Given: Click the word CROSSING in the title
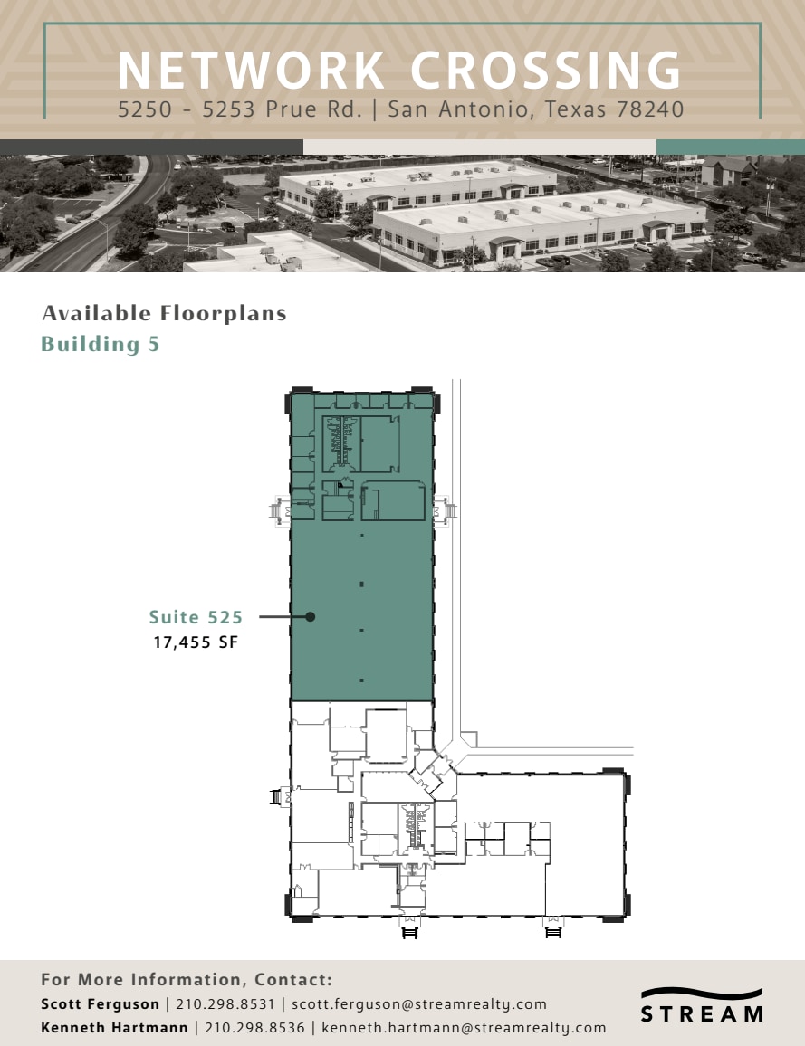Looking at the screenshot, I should click(x=545, y=71).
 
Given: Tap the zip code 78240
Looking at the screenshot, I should click(x=649, y=110).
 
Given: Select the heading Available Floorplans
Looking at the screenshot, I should click(x=164, y=314).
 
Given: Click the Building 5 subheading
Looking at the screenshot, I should click(x=101, y=344).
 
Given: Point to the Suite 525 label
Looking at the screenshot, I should click(x=196, y=617).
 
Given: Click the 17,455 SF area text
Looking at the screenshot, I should click(x=196, y=643).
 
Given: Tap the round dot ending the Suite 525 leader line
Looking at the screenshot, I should click(x=310, y=617).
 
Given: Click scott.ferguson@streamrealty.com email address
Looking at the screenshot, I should click(x=419, y=1004).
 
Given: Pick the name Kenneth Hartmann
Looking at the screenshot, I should click(x=114, y=1028).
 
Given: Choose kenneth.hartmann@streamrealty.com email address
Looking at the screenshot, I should click(x=464, y=1028).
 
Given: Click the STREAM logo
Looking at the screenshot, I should click(x=702, y=1005).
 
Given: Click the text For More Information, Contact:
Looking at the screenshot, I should click(x=187, y=980).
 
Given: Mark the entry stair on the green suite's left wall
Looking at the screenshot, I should click(x=279, y=510).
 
